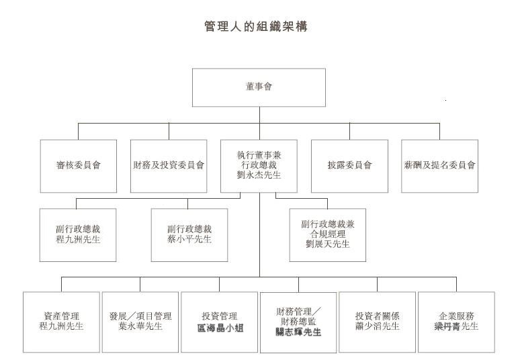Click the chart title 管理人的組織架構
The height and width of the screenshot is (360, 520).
click(256, 26)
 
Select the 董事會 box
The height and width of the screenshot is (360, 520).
click(259, 87)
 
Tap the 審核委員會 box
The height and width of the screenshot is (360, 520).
click(78, 166)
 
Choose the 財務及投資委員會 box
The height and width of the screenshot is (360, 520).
click(169, 166)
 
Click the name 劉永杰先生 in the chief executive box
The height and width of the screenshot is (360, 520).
click(259, 175)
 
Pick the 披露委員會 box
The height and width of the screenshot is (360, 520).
click(349, 166)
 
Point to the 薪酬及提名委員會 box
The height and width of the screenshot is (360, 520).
click(440, 166)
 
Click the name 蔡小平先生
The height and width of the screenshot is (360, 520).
click(189, 239)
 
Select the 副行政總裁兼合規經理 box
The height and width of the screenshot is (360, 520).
click(328, 235)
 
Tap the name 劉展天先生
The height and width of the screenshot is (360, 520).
click(328, 244)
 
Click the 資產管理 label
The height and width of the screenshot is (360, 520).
click(61, 316)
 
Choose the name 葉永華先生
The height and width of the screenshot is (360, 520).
click(140, 326)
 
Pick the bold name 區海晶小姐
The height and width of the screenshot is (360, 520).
click(220, 328)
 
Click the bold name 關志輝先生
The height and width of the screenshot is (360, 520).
click(298, 332)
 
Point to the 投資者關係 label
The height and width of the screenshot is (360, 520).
click(377, 316)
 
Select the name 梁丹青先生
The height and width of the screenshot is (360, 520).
click(456, 326)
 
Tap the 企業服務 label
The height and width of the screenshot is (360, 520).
click(456, 316)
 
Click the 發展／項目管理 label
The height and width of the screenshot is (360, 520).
click(140, 316)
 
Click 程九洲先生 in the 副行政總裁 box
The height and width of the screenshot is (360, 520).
click(78, 239)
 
